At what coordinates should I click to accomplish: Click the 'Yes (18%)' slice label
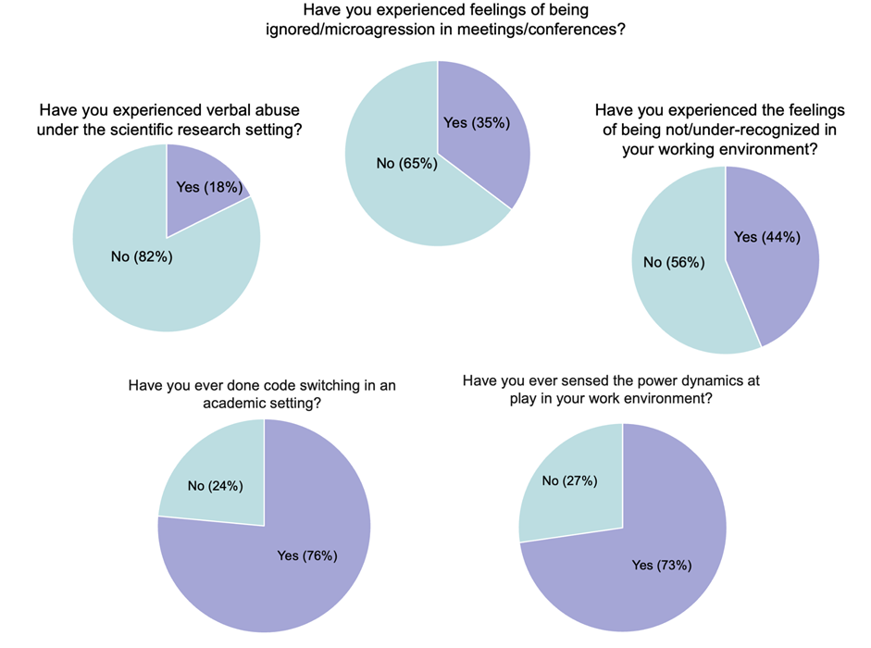(209, 187)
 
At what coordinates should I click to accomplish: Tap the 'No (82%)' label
(142, 256)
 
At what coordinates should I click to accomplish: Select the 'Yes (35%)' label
(477, 122)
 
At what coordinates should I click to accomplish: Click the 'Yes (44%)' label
(766, 237)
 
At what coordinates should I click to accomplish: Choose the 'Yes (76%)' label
(307, 555)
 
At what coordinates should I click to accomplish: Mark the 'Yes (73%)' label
(662, 565)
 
